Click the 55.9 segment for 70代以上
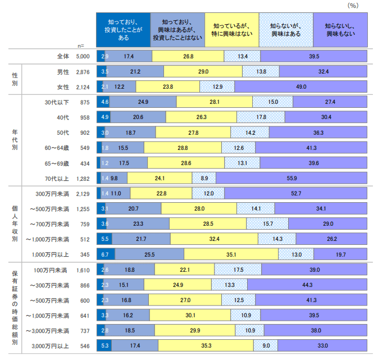292,178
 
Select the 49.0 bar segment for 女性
300,86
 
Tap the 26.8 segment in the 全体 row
188,56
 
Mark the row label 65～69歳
58,163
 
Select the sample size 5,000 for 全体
82,56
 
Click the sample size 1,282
82,178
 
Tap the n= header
81,45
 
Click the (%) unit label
353,5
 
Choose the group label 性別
15,79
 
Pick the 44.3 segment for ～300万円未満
307,285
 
